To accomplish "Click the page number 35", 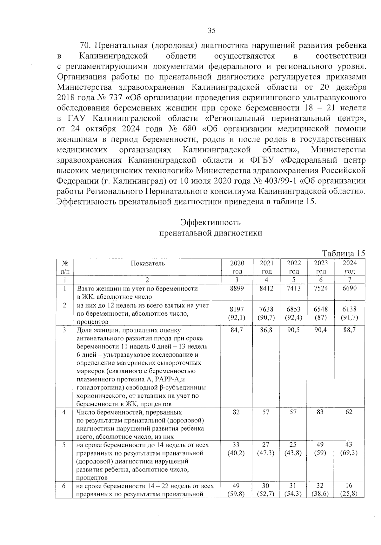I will click(x=211, y=31).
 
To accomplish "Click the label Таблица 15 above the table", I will click(x=344, y=253).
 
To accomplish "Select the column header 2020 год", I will click(x=237, y=267).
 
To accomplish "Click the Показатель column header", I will click(x=148, y=263).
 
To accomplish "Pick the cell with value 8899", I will click(x=237, y=288).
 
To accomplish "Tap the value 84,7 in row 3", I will click(x=237, y=330).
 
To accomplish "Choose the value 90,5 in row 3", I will click(x=294, y=330).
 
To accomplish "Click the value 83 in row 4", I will click(x=320, y=412).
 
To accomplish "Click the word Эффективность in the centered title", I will click(x=211, y=222).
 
